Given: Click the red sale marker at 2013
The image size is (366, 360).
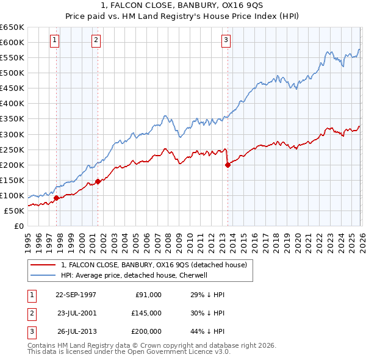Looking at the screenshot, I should [228, 164].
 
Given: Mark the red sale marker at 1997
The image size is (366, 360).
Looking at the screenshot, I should [57, 198].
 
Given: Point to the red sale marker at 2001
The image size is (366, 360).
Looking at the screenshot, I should [98, 181].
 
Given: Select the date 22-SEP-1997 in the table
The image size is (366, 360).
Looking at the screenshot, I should [76, 294].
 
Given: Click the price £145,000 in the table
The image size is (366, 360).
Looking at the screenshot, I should [146, 312].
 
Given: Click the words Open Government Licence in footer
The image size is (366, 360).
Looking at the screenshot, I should [178, 352].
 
